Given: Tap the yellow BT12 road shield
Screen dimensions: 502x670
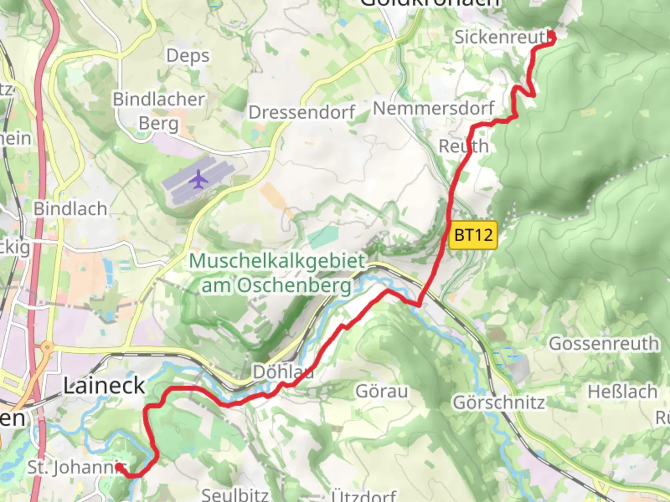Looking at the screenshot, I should click(473, 235).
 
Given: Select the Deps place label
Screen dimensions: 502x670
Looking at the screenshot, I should click(188, 56).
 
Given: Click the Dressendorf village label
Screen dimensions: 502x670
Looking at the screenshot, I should click(302, 112).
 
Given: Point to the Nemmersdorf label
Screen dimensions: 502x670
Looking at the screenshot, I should click(433, 108).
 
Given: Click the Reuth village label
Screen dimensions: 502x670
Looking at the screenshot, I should click(463, 146).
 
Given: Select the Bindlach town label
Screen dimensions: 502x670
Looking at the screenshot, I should click(70, 209).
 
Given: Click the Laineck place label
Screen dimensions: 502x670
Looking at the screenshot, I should click(104, 386).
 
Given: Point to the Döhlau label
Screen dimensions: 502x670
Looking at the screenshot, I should click(282, 372).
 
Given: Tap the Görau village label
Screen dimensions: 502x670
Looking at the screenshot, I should click(382, 391).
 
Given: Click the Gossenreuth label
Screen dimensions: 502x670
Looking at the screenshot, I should click(604, 344).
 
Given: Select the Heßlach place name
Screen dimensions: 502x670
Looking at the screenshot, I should click(622, 392).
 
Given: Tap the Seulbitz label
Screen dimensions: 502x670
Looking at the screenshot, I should click(235, 494).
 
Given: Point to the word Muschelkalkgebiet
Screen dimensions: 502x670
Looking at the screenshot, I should click(277, 261).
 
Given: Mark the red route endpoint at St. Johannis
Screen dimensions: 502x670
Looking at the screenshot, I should click(119, 466).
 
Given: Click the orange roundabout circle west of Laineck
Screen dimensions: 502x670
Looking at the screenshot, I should click(47, 347).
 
